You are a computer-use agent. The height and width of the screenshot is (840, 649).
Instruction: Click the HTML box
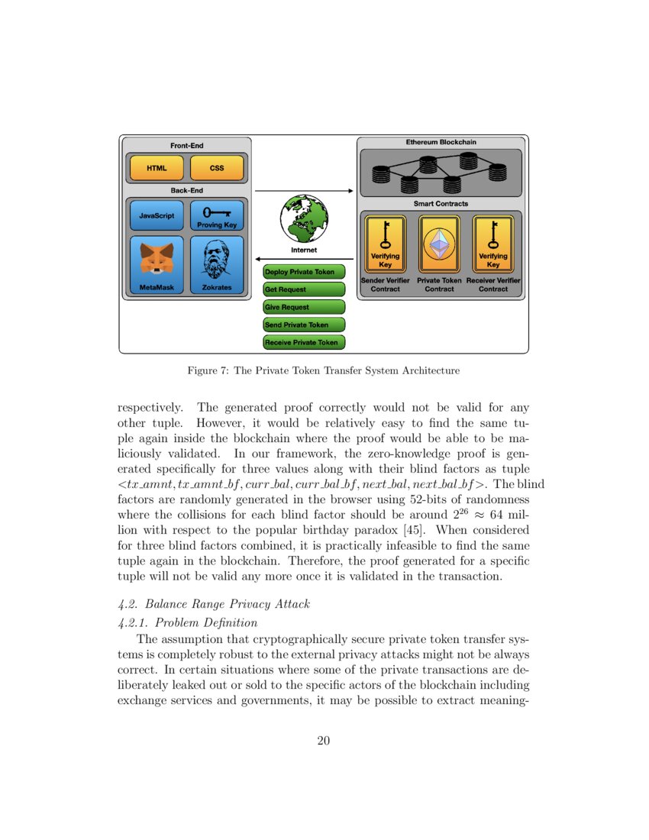157,168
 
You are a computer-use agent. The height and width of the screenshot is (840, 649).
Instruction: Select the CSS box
217,168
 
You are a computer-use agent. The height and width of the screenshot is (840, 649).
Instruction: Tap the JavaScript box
157,215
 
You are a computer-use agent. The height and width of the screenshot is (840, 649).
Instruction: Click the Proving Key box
217,215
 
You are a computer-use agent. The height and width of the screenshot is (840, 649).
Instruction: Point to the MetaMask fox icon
157,259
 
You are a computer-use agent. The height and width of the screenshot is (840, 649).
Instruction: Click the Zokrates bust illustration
217,260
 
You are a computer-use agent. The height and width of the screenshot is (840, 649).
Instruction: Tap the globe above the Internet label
304,218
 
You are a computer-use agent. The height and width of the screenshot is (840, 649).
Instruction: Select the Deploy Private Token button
304,272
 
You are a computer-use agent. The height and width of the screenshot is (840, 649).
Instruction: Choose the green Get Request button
304,289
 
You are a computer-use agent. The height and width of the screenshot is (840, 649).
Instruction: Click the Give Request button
304,307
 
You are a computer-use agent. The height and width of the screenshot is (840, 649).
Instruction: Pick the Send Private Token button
304,325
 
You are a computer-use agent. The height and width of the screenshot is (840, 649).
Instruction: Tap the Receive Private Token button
304,343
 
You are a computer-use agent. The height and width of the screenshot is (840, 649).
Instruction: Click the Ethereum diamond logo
439,244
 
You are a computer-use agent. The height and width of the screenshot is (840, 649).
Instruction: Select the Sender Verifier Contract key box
385,244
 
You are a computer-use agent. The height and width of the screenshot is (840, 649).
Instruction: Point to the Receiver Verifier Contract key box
493,244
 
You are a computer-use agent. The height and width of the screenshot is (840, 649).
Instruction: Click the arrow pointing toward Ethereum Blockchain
304,190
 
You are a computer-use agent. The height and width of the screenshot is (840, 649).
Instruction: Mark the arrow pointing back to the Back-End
304,259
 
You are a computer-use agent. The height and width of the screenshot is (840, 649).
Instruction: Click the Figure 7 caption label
324,371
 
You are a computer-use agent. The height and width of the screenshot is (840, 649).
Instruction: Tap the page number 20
324,739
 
